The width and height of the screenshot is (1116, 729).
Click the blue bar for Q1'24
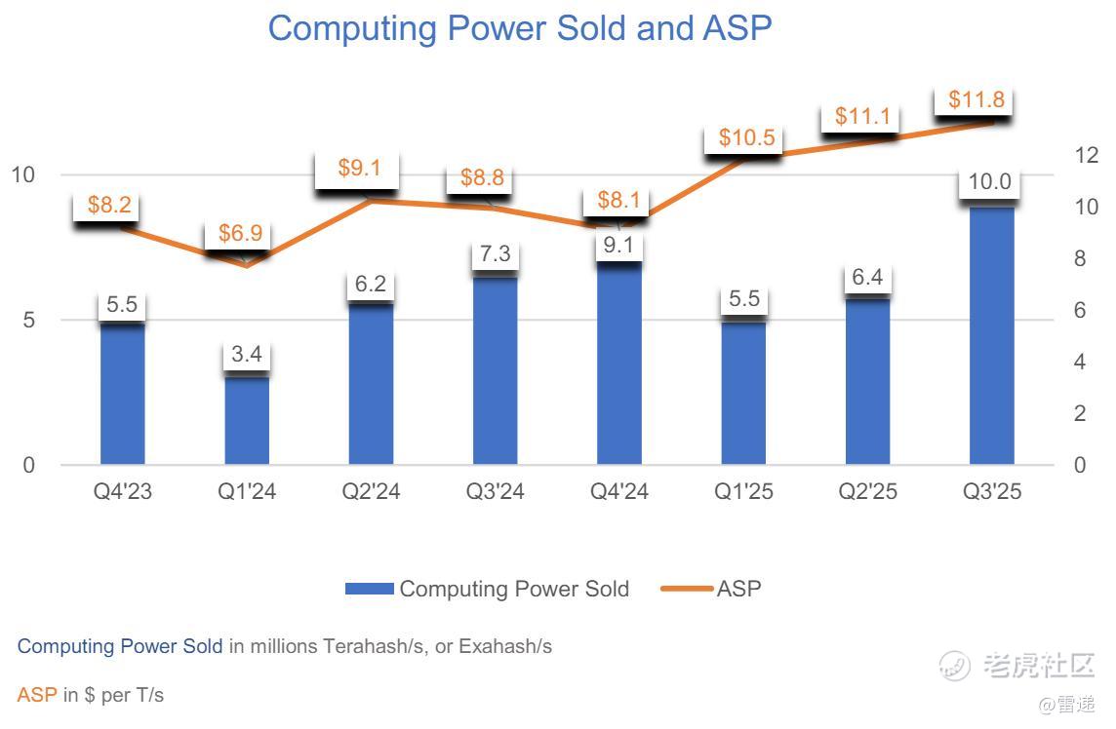247,419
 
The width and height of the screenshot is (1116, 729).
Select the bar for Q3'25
992,336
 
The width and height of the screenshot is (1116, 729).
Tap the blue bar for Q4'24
619,365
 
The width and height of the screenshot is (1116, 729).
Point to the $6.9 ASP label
240,234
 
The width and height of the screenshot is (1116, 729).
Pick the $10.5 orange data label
746,137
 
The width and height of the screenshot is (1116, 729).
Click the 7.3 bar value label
496,254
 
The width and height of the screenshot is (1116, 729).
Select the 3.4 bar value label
247,354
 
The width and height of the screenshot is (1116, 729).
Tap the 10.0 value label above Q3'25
989,182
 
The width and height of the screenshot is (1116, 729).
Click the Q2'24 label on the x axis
371,491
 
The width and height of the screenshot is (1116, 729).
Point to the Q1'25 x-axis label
743,491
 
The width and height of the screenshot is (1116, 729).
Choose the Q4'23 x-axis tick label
123,491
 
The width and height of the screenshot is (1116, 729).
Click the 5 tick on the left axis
28,321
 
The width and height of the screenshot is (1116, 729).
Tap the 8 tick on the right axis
1079,259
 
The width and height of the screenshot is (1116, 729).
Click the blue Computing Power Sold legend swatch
370,589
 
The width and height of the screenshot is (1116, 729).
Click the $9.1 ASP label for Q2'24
360,168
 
